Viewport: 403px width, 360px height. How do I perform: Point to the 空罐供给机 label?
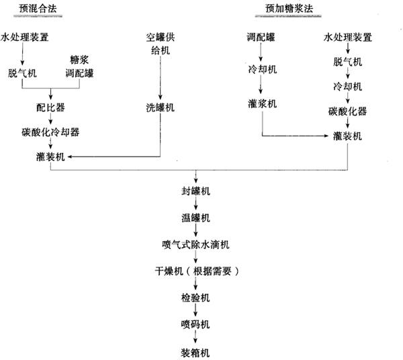[x=160, y=43]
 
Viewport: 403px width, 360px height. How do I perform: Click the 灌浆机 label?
[x=261, y=105]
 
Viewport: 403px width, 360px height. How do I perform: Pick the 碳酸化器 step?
[x=347, y=111]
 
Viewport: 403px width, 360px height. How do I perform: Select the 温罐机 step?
[x=195, y=218]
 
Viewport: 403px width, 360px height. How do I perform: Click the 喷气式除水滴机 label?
[x=195, y=244]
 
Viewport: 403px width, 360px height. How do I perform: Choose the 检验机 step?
[x=195, y=298]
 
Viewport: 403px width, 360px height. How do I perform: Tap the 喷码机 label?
[x=195, y=324]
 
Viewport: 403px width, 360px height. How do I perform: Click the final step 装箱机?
[x=195, y=351]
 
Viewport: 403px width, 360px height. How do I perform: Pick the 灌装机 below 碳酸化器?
[x=347, y=136]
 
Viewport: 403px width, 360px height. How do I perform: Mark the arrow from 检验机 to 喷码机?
[x=195, y=311]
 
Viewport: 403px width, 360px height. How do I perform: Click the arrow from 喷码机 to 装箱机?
[x=195, y=338]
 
